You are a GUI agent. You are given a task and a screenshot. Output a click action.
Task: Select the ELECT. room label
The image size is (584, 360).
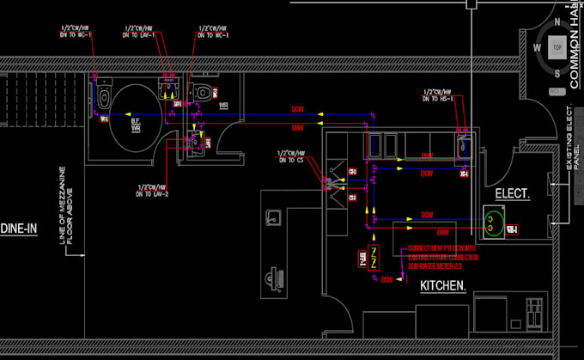pos(512,194)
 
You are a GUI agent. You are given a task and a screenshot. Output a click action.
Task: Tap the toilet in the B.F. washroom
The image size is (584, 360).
pos(104,96)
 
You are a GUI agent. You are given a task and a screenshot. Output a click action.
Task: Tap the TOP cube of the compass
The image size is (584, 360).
pos(557,48)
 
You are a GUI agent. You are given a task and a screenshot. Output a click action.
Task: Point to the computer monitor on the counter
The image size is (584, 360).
pos(277,279)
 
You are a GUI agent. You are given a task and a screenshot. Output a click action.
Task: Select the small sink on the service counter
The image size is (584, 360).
pos(273,218)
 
